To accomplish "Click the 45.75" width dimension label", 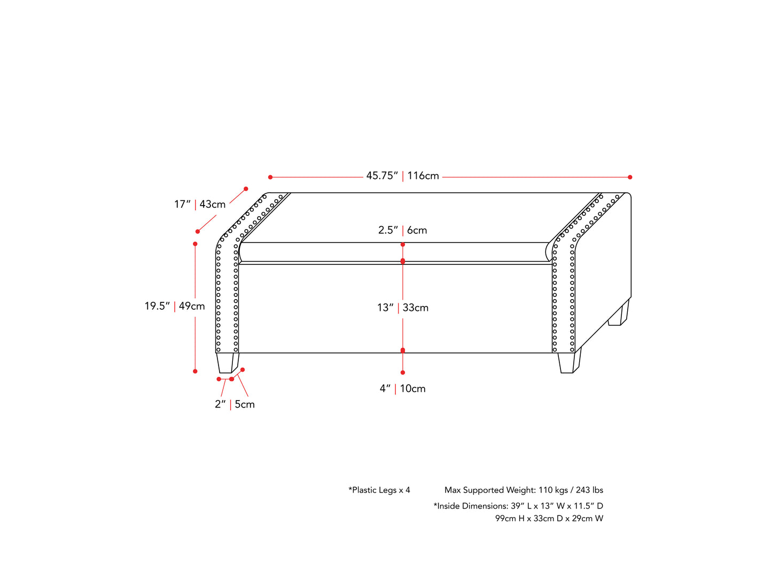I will (381, 176).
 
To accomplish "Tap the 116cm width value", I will (423, 176).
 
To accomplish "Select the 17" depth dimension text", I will (182, 204).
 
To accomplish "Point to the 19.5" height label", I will (157, 306).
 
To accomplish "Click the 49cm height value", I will (192, 306).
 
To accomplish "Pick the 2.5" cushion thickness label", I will (388, 230).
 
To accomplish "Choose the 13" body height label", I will (385, 308).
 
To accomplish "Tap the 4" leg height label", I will (385, 389).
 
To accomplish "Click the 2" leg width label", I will (220, 404).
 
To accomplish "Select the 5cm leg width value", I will (245, 404).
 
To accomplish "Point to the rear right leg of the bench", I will (618, 316).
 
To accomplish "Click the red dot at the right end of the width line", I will (630, 177).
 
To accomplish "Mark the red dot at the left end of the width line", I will (270, 177).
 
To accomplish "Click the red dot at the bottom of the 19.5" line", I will (195, 371).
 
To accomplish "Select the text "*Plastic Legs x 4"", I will (379, 490).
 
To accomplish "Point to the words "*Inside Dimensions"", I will (470, 506).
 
